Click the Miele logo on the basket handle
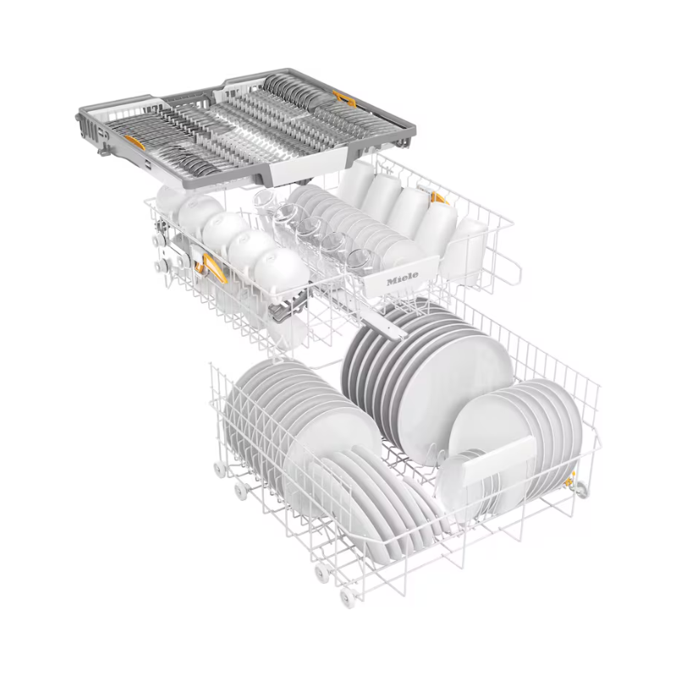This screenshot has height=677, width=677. click(x=402, y=279)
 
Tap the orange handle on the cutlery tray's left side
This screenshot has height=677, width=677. click(x=135, y=141)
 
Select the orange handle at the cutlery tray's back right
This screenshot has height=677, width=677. click(x=344, y=99)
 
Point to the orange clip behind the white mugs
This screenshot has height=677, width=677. click(x=439, y=198)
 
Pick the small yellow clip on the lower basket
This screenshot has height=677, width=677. click(x=570, y=479)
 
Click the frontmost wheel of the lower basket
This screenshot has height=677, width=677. click(x=348, y=597)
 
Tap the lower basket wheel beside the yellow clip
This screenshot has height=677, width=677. click(x=581, y=489)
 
